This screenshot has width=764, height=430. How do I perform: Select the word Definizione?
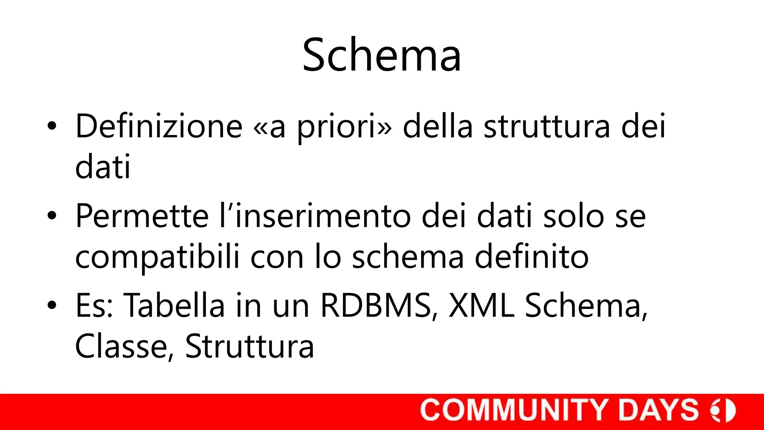coord(159,127)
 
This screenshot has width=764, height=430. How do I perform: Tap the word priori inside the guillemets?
coord(335,127)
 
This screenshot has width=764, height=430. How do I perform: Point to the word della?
coord(438,127)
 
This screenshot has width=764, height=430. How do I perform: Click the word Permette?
coord(142,216)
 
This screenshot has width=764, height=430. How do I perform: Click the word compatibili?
coord(157,258)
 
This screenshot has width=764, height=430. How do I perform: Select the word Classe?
coord(122,347)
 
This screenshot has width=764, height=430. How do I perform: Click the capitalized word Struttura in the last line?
coord(250,347)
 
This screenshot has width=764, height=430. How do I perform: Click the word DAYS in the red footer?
coord(658,410)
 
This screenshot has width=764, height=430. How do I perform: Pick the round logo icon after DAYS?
coord(723,410)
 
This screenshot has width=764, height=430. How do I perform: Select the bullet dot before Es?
coord(52,305)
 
